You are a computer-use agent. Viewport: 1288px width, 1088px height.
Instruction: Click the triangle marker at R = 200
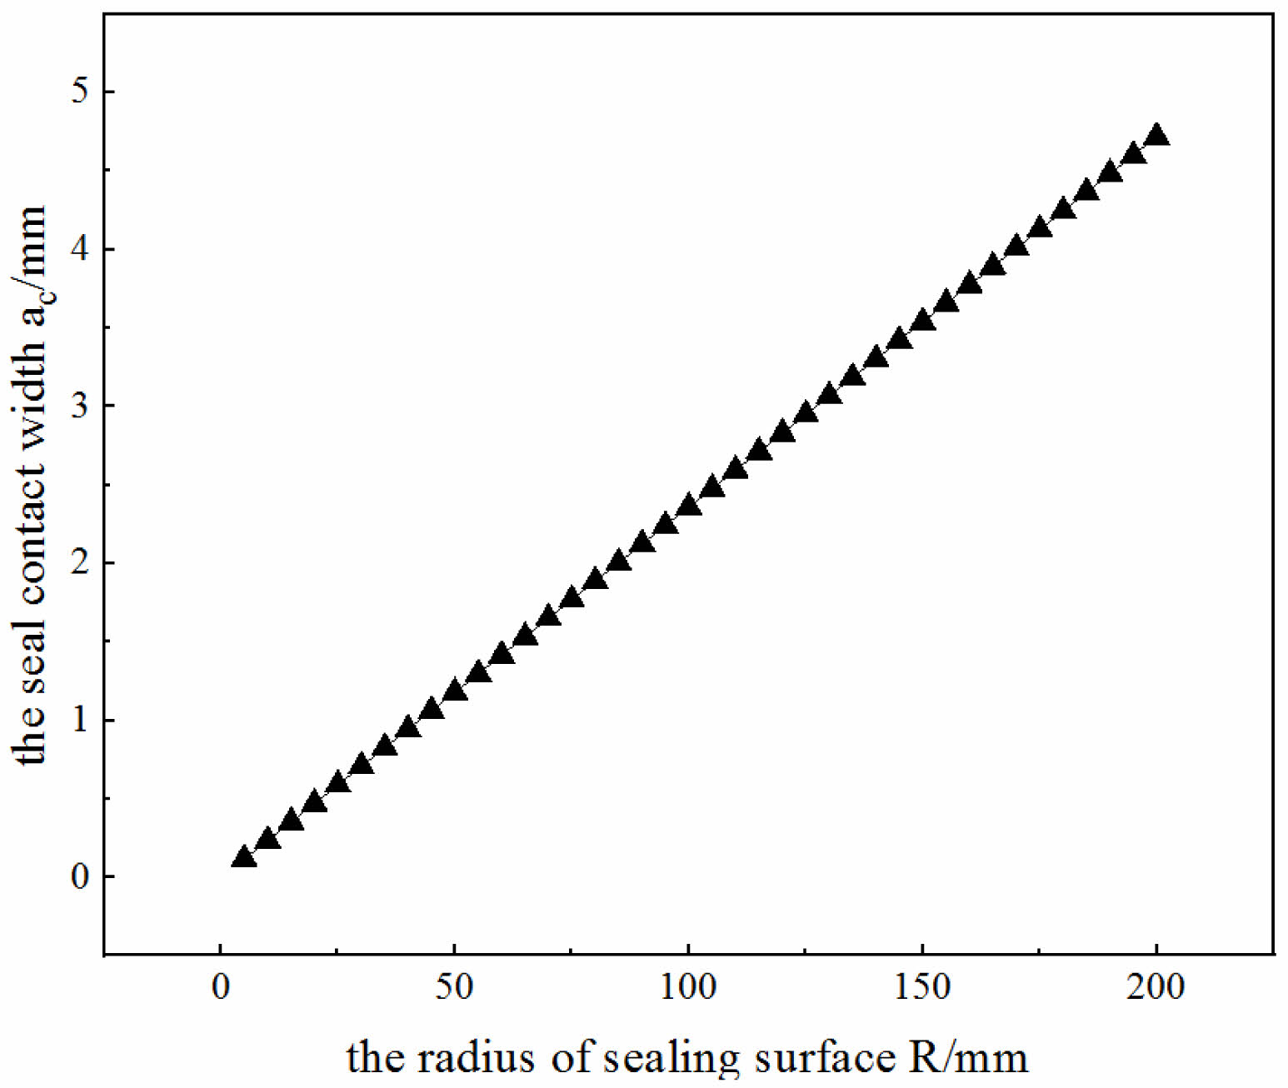(1156, 135)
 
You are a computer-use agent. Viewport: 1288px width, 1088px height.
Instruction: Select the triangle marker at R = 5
(243, 857)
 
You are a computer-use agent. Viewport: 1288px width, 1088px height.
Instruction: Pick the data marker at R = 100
(688, 505)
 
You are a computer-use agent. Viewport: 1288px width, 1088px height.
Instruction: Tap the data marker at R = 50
(454, 691)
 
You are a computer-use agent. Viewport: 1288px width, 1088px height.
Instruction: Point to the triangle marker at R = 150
(922, 320)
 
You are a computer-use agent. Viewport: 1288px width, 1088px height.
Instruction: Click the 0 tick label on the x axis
(220, 987)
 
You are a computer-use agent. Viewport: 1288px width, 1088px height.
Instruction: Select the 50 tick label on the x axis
(454, 987)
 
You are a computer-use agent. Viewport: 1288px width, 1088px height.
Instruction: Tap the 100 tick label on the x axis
(688, 987)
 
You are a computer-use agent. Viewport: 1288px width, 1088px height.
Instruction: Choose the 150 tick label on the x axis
(922, 987)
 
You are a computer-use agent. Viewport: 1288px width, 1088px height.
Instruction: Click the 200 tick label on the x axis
(1156, 987)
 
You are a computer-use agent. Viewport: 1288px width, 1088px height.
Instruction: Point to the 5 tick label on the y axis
(79, 91)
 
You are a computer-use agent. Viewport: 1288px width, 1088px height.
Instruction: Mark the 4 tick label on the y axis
(79, 248)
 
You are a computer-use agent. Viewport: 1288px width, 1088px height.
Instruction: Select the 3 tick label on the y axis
(79, 406)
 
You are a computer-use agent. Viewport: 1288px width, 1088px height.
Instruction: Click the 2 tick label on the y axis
(79, 562)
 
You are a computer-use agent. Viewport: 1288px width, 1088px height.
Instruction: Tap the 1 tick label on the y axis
(79, 720)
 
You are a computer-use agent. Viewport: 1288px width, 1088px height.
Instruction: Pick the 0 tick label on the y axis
(79, 876)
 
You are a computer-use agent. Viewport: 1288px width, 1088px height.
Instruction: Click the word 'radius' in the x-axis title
(476, 1057)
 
